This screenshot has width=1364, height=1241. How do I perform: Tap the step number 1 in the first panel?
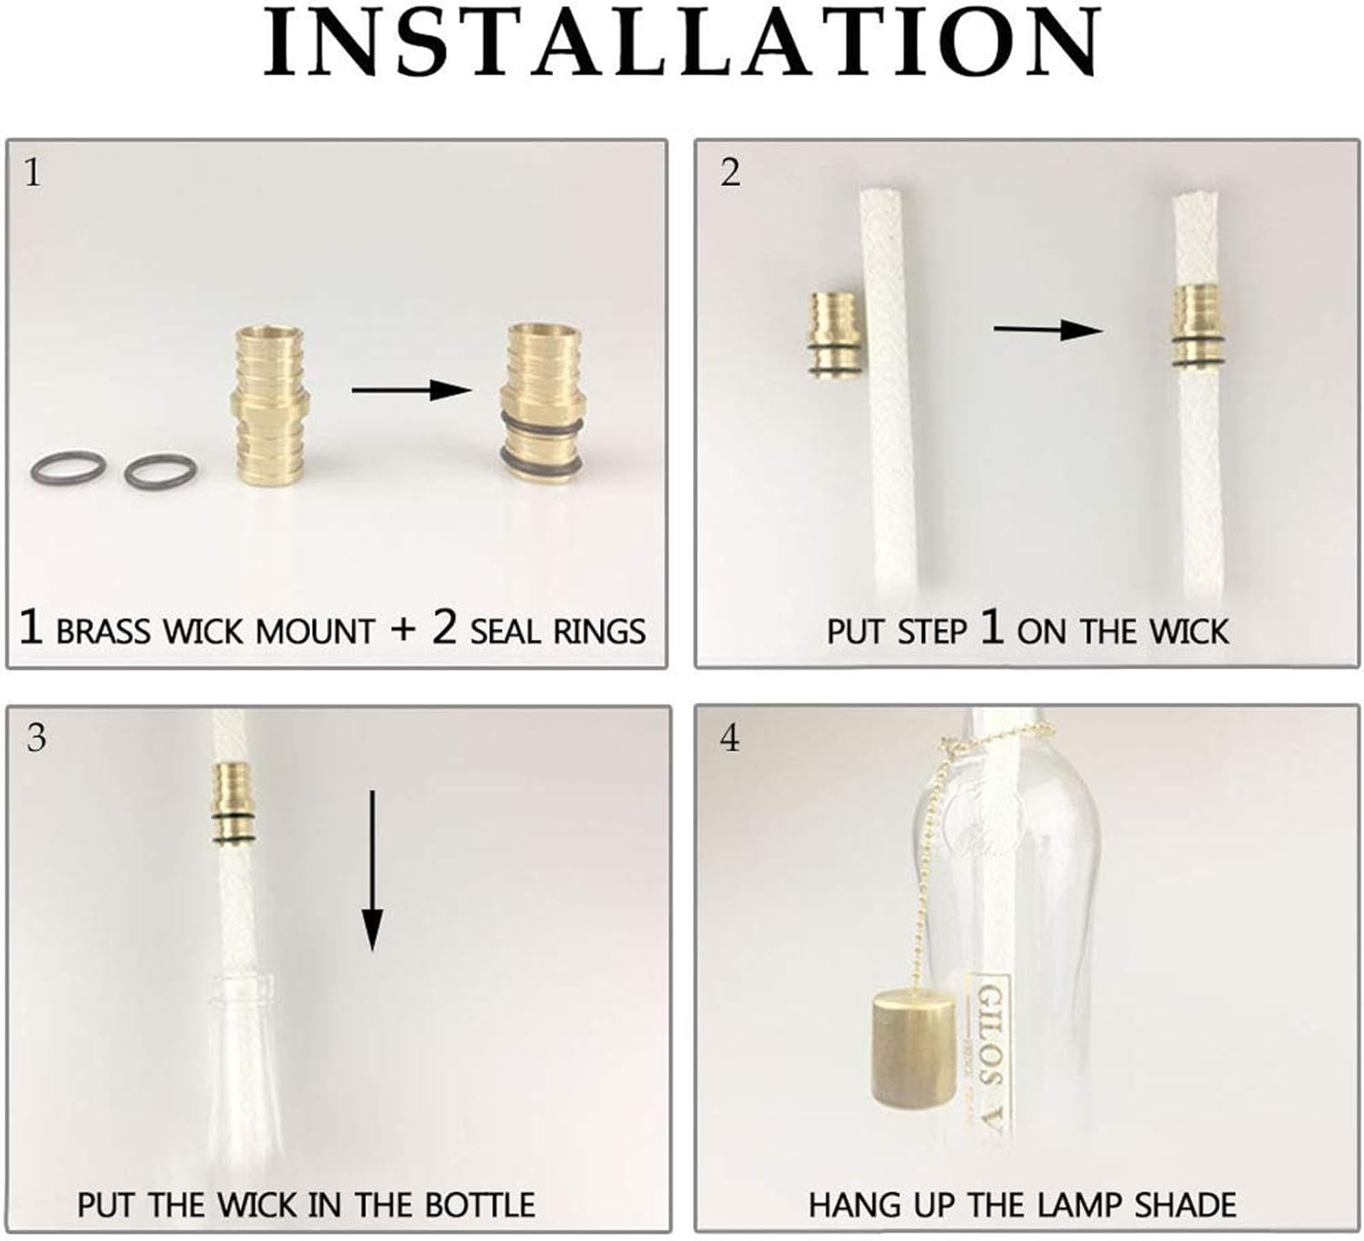[33, 172]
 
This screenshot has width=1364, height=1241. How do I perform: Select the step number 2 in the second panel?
[730, 172]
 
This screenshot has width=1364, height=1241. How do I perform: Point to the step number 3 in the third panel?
[35, 737]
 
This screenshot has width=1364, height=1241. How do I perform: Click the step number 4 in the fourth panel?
[730, 737]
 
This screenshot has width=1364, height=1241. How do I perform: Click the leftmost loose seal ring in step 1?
[68, 468]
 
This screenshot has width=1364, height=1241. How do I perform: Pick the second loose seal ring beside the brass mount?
[161, 471]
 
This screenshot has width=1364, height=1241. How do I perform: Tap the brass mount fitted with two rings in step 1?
[541, 401]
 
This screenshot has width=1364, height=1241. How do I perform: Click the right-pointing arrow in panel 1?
[411, 390]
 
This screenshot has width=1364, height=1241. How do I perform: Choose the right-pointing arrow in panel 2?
[1047, 329]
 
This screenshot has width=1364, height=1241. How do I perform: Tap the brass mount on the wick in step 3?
[234, 803]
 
